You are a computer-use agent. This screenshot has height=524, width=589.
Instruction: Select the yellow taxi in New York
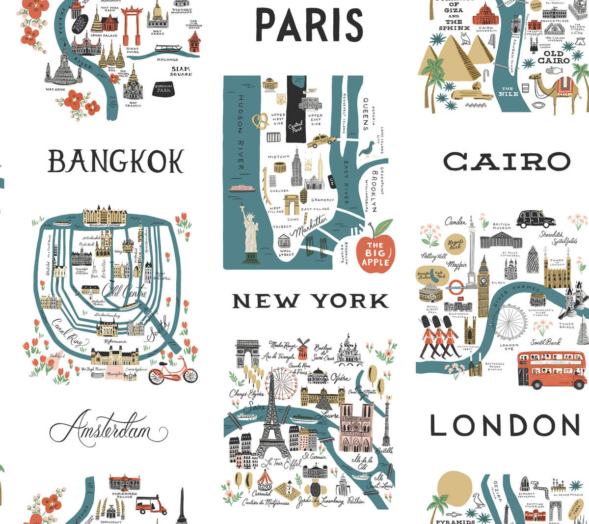[x=321, y=141]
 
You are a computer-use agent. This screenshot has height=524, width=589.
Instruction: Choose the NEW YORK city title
[x=310, y=301]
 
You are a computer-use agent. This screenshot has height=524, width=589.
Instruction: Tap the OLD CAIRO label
[x=553, y=57]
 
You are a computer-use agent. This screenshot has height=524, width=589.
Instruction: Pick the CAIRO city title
[x=507, y=161]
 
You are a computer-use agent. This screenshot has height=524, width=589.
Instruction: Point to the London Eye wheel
[x=510, y=322]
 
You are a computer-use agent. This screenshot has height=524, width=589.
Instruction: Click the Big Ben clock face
[x=483, y=281]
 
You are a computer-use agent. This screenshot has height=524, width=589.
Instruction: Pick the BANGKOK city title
[x=116, y=161]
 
